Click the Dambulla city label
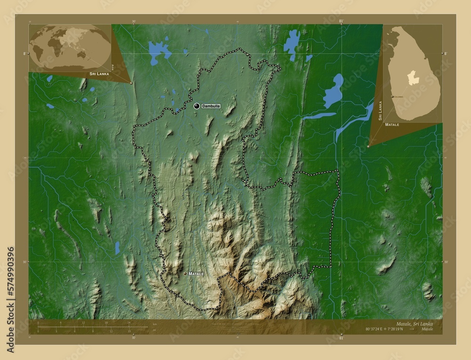211,106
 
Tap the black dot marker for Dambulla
196,106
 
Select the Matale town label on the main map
196,273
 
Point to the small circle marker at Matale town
185,273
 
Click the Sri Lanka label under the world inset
99,74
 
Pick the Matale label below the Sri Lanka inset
392,125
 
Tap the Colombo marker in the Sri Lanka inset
392,96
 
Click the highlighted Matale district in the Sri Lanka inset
413,77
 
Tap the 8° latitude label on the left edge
24,53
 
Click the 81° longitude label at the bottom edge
341,337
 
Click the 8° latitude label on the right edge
446,53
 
